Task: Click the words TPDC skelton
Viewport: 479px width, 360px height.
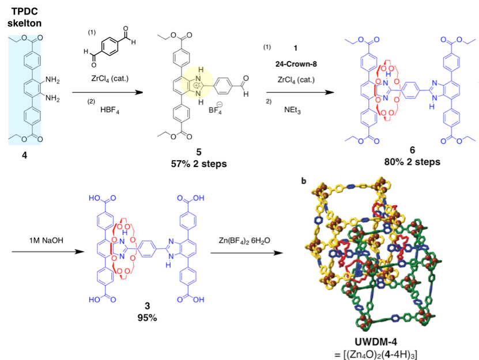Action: point(24,17)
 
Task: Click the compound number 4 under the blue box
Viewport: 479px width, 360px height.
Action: point(24,156)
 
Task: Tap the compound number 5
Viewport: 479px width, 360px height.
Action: point(199,151)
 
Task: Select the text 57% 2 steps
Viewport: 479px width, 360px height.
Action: point(199,164)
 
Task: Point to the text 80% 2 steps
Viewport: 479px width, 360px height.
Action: point(412,162)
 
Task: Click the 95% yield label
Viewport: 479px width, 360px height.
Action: point(147,318)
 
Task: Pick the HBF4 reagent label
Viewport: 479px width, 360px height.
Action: point(110,110)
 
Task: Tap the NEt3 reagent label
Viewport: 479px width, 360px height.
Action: point(292,110)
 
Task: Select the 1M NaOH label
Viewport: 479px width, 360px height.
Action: point(47,241)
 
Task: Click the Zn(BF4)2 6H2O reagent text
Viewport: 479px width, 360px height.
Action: point(244,241)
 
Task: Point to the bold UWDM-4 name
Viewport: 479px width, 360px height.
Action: point(376,342)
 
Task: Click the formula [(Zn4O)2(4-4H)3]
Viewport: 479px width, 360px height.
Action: point(376,354)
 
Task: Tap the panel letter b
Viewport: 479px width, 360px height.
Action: point(304,181)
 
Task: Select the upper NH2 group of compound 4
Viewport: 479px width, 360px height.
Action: point(52,80)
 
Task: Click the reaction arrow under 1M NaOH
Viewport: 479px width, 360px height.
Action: point(48,252)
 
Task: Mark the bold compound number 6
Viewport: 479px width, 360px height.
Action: point(412,150)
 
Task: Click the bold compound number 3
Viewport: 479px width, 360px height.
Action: point(147,306)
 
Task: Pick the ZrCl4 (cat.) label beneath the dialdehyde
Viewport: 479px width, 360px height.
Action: point(110,79)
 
